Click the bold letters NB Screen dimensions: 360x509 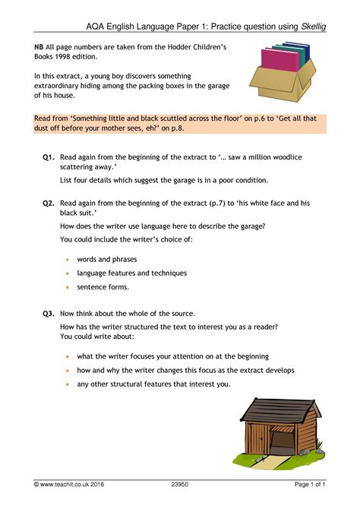coord(39,48)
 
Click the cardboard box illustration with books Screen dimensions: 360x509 coord(282,72)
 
